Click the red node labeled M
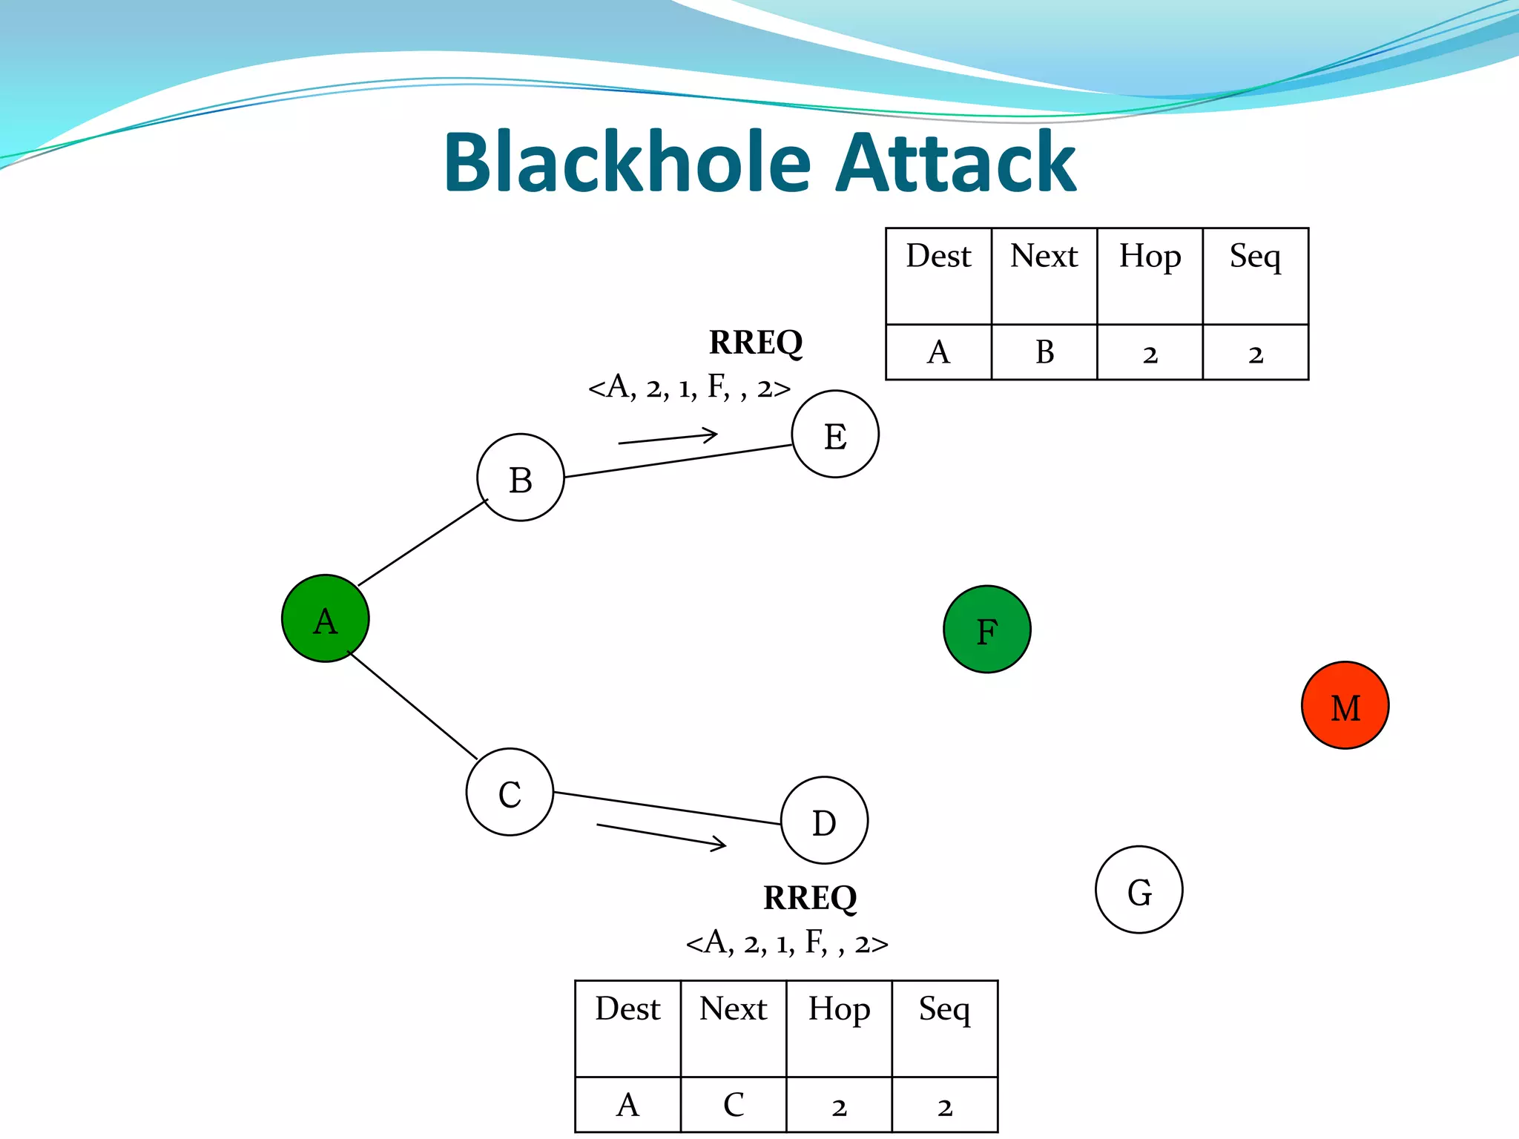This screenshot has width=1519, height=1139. [1345, 705]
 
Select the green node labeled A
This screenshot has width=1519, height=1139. [325, 618]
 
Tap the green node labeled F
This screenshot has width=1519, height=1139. [986, 630]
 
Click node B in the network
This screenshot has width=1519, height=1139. [520, 478]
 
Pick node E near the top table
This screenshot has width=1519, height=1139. [835, 435]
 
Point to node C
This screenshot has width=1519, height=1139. [510, 792]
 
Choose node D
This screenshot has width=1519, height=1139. [824, 820]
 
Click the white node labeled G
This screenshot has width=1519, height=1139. [1139, 890]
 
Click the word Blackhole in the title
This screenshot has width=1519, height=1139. [627, 162]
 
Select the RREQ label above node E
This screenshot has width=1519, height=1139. [756, 343]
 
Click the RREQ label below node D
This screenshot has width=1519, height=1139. [810, 898]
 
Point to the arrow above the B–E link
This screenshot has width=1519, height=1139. [668, 438]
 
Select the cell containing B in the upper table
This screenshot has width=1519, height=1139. [1044, 352]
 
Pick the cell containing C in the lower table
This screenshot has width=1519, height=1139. [733, 1105]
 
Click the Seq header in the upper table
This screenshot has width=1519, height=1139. [1255, 257]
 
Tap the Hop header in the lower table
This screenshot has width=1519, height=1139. [839, 1010]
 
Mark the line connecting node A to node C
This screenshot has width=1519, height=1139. [412, 705]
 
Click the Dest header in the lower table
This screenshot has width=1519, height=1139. [627, 1010]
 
